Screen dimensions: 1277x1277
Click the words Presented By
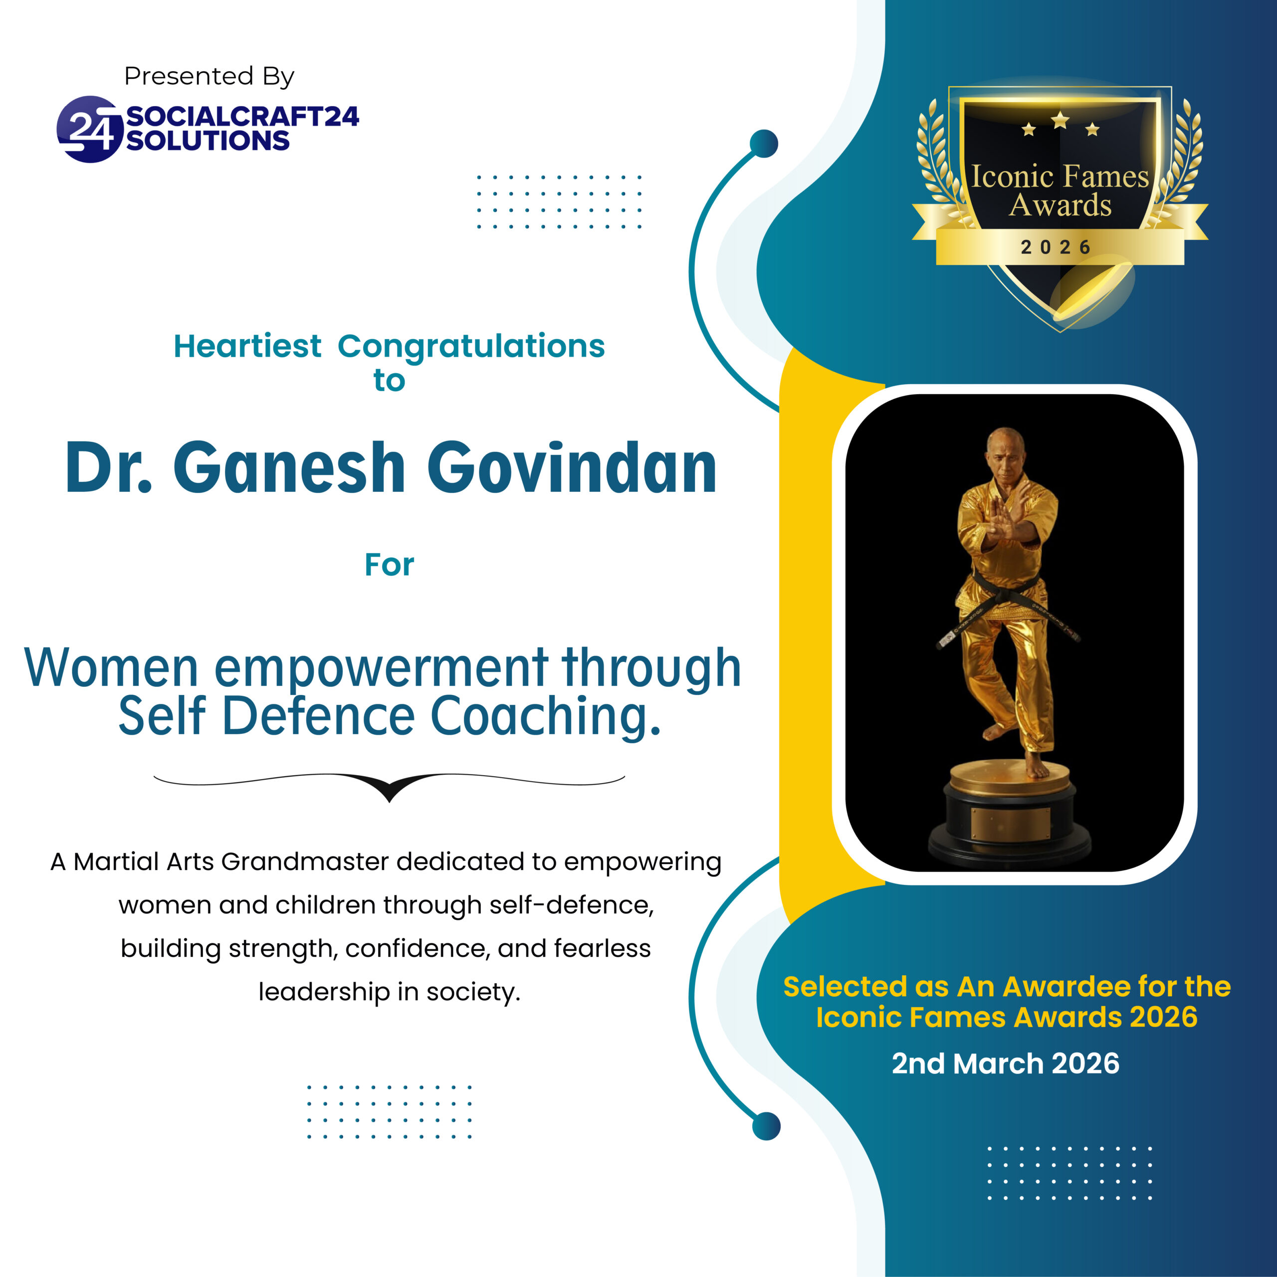(x=209, y=77)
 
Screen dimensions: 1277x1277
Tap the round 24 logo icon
(x=90, y=129)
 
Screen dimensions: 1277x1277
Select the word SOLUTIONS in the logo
(x=208, y=141)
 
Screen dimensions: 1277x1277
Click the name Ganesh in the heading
(x=289, y=468)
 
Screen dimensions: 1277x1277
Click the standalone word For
(x=389, y=565)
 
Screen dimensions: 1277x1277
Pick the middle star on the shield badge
(x=1060, y=120)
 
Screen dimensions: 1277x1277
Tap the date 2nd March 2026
(x=1005, y=1064)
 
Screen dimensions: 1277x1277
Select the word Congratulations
(x=471, y=346)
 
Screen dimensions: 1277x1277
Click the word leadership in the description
(x=324, y=992)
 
